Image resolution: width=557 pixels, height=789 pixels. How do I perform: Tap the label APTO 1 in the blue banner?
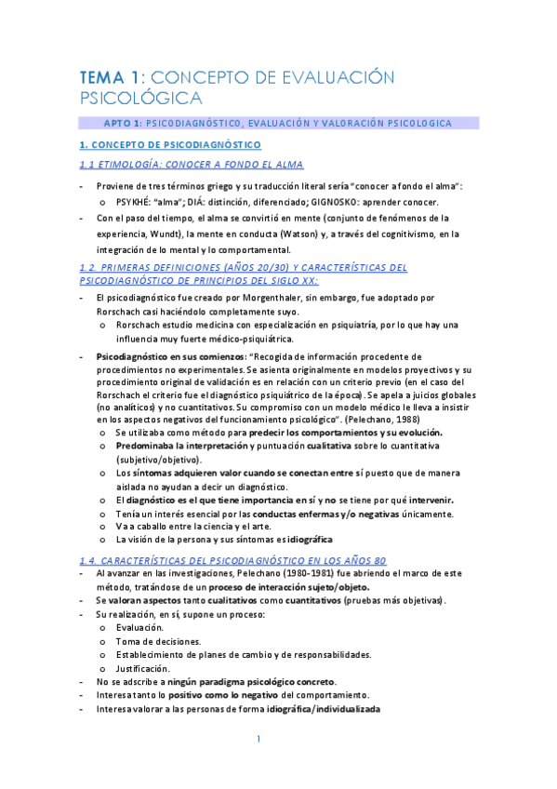tap(122, 123)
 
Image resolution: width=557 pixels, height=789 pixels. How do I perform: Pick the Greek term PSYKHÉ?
tap(135, 202)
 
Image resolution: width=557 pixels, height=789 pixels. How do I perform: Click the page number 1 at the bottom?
tap(260, 740)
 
